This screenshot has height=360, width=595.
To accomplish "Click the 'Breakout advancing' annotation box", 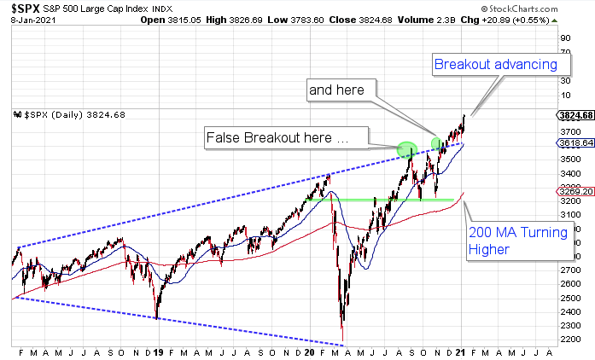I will pyautogui.click(x=495, y=64).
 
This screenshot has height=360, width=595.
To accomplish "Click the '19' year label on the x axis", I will pyautogui.click(x=160, y=351).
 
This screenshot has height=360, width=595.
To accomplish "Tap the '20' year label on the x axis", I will pyautogui.click(x=311, y=351).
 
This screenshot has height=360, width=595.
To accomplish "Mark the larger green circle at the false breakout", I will pyautogui.click(x=407, y=150).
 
